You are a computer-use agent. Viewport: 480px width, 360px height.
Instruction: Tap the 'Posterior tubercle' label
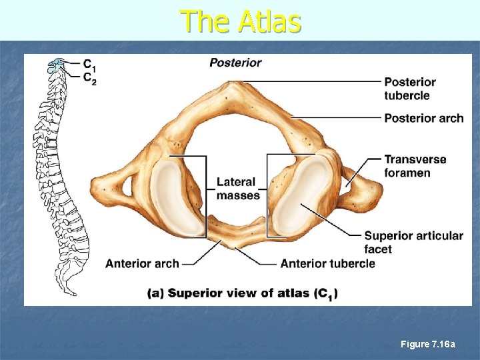coord(409,89)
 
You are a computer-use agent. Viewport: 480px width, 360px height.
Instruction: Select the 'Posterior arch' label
coord(423,118)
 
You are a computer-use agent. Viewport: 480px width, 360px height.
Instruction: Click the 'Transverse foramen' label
coord(415,166)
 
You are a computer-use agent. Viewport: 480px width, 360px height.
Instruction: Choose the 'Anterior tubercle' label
coord(327,263)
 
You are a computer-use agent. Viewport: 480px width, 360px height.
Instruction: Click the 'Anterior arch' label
coord(142,263)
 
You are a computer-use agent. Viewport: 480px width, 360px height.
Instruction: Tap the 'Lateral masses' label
coord(237,188)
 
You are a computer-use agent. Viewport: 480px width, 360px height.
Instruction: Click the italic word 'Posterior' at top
coord(235,63)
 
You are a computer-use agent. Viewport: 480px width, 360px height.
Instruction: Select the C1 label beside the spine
coord(89,64)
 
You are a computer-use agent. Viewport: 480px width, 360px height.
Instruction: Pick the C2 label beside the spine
coord(89,77)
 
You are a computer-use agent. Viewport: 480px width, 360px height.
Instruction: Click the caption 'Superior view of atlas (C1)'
coord(242,293)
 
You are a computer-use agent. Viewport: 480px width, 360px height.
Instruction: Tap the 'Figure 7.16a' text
coord(427,344)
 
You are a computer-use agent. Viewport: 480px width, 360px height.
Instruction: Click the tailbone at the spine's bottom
coord(69,289)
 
